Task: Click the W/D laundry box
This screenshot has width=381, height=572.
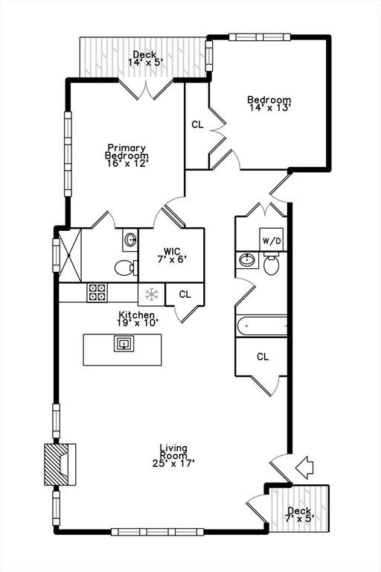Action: [270, 240]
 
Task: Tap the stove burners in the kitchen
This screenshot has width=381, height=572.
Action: [97, 293]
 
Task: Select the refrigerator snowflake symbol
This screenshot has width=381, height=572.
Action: [151, 294]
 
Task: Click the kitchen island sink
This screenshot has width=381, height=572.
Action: [123, 343]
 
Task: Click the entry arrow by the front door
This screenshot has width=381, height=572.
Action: [304, 468]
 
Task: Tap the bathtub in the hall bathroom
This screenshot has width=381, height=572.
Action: [261, 325]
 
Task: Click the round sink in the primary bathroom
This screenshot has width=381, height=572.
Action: [130, 240]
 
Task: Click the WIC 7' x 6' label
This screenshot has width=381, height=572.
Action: [172, 255]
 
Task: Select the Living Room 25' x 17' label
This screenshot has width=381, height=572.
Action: [173, 456]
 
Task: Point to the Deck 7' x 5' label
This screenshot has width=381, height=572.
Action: [300, 514]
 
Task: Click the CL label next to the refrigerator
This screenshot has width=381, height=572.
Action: [185, 294]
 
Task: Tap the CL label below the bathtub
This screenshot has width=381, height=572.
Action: [262, 357]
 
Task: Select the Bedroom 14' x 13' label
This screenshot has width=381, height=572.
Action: [269, 104]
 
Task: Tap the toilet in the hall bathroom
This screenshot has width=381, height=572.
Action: [271, 264]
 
